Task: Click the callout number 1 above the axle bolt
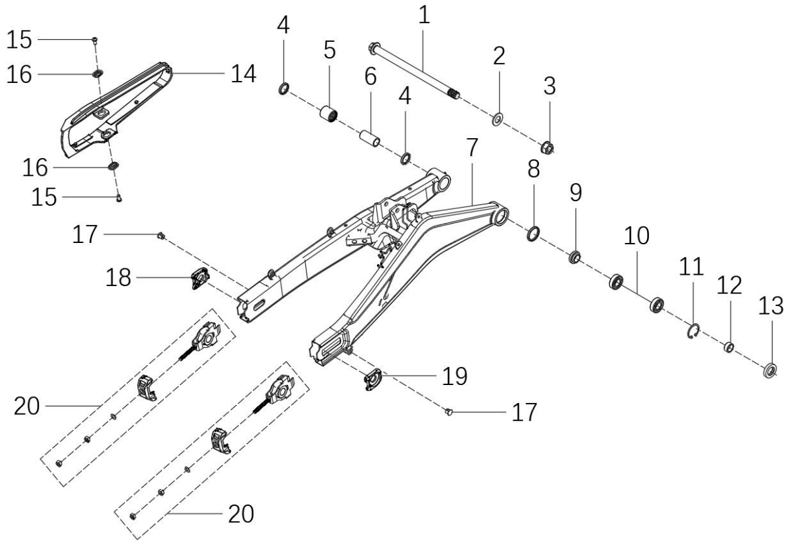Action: coord(424,15)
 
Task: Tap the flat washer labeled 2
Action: coord(498,119)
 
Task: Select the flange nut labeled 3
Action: coord(548,147)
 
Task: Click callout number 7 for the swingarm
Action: coord(472,147)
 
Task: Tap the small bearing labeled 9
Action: coord(575,258)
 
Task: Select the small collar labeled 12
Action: coord(727,348)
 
